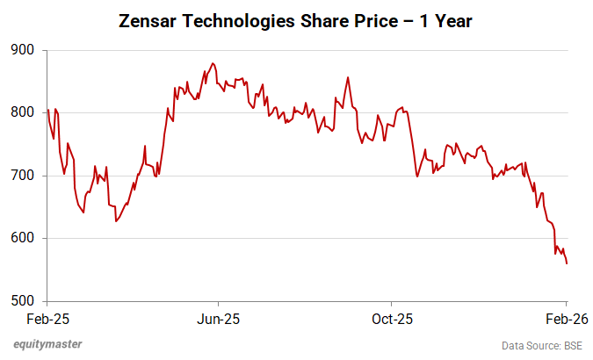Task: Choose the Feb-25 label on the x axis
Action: (47, 318)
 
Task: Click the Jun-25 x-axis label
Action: (218, 318)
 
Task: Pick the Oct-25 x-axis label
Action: (392, 318)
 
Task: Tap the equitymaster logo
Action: (43, 344)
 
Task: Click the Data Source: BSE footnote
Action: (541, 345)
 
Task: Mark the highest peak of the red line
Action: (213, 63)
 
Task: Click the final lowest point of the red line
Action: (567, 263)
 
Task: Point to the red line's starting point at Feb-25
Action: (47, 109)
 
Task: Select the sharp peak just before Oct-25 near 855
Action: (349, 77)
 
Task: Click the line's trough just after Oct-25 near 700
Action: (417, 176)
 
